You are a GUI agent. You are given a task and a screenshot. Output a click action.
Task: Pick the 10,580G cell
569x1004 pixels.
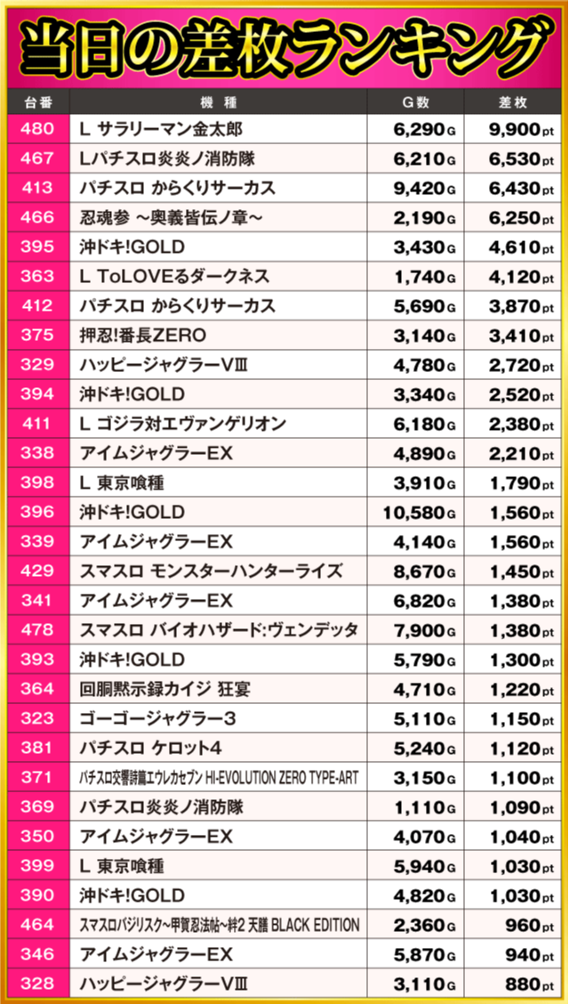click(420, 513)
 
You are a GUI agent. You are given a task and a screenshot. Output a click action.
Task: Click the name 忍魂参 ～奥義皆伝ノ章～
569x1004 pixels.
click(173, 218)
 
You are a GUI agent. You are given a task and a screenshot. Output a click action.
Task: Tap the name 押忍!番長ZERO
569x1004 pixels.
click(142, 336)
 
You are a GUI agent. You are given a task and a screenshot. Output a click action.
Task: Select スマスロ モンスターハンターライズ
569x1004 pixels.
click(211, 571)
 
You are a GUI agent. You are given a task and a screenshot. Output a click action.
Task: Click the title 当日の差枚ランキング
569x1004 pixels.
click(284, 44)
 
